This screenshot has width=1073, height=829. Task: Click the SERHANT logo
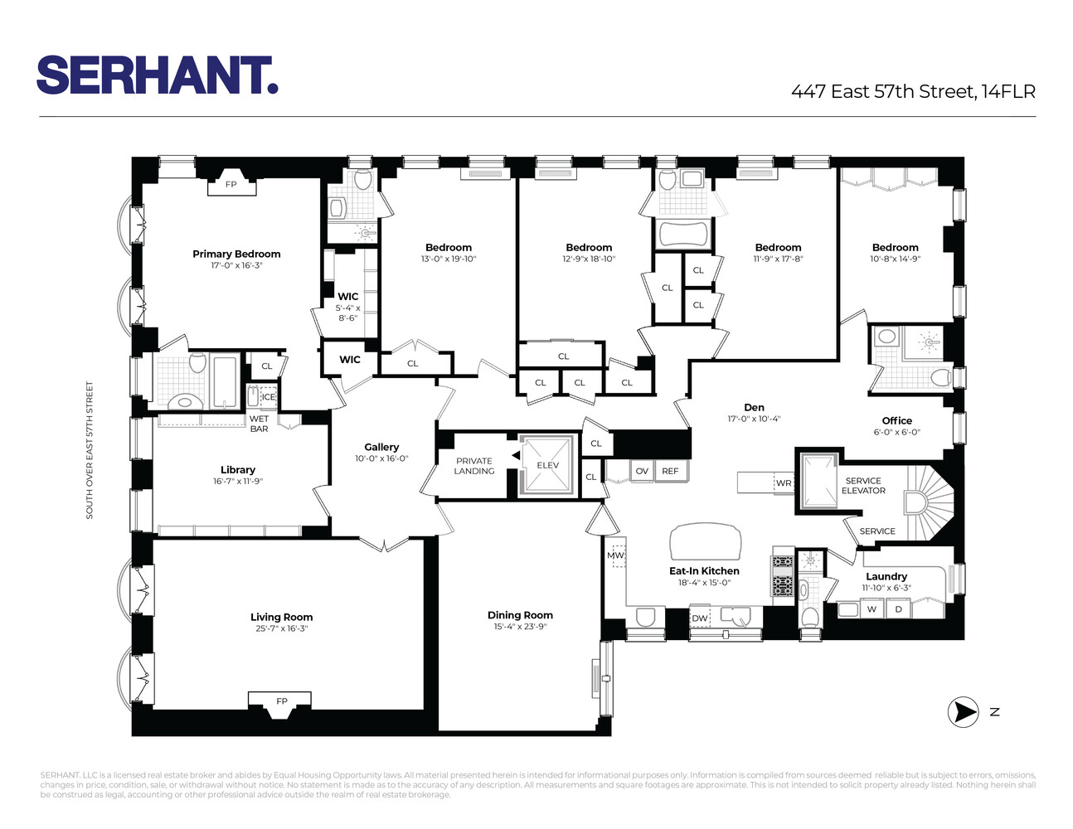point(157,75)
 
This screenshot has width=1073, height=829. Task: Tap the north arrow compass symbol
point(962,712)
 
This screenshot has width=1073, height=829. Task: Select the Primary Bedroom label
point(236,255)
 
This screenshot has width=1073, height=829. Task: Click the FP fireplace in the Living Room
point(281,701)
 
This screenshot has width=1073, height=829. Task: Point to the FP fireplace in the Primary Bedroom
point(231,185)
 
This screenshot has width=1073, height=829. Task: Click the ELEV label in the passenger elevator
point(547,466)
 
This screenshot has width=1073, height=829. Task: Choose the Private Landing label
point(473,466)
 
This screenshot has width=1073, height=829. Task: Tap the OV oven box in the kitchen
point(642,471)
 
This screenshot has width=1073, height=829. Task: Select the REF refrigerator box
point(670,471)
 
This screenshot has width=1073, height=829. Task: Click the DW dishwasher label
point(700,618)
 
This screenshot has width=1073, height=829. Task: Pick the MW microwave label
point(615,555)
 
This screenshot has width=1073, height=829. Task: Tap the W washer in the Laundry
point(872,609)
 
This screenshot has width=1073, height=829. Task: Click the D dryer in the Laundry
point(899,609)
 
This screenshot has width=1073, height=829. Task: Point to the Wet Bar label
point(259,424)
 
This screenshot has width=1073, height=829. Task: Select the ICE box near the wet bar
point(269,397)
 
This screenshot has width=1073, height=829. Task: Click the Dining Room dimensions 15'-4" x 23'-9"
point(520,627)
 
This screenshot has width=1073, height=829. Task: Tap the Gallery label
point(381,447)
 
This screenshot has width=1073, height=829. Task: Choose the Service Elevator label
point(863,486)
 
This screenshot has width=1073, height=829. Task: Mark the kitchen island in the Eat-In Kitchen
point(705,542)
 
